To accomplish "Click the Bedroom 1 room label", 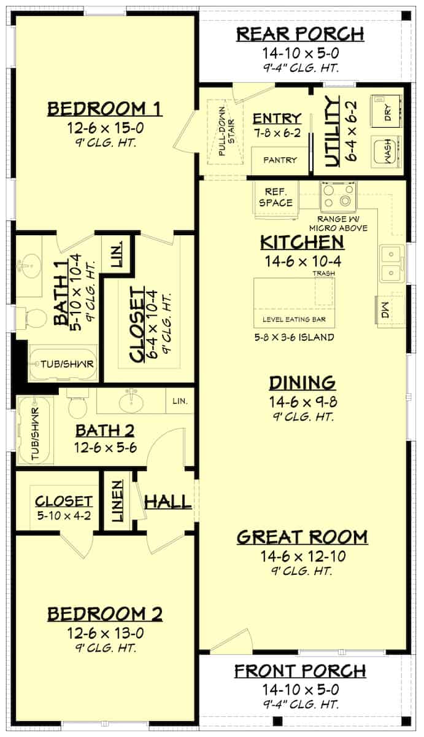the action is (105, 109).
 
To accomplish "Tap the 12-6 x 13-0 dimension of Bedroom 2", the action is (106, 633).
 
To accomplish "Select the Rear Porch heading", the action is (301, 34).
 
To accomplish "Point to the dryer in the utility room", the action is (386, 111).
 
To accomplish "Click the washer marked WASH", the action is (386, 150).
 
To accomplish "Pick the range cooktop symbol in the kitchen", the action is (339, 196).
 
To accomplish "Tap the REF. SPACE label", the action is (276, 197).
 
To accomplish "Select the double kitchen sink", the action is (392, 263).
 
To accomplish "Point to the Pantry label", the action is (280, 160).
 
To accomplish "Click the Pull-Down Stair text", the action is (226, 131).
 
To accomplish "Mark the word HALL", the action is (168, 502).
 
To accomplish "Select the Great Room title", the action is (302, 537).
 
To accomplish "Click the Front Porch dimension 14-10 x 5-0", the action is (300, 689).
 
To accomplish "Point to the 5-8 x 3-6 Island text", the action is (294, 337).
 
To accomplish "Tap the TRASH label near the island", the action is (324, 273).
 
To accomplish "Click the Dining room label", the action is (303, 383).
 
